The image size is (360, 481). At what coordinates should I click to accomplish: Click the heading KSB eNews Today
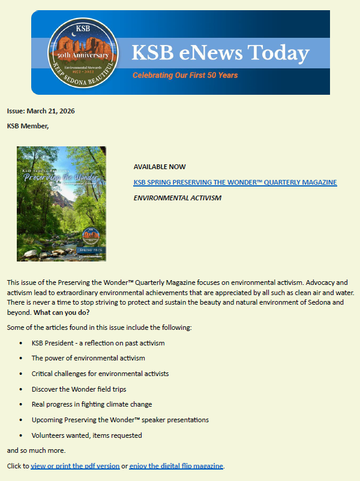click(x=220, y=53)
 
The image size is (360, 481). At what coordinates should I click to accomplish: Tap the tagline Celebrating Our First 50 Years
click(x=185, y=76)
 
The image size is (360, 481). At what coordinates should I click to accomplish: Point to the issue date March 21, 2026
click(x=41, y=111)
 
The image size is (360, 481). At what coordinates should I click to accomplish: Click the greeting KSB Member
click(x=28, y=126)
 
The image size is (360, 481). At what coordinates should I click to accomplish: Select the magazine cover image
click(x=61, y=204)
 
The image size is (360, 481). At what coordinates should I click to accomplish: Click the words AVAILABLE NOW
click(x=160, y=167)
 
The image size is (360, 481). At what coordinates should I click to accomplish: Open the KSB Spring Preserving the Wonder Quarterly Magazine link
click(x=235, y=182)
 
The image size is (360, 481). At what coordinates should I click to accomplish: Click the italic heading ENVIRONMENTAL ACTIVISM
click(x=177, y=198)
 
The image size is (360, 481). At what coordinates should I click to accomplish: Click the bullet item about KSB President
click(x=98, y=343)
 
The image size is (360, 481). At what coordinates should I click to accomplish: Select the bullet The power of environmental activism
click(x=88, y=358)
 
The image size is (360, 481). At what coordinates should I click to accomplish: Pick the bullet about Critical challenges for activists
click(x=100, y=374)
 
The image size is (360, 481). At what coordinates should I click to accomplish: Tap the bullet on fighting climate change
click(x=92, y=404)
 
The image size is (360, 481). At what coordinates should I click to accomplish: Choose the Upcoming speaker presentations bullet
click(x=120, y=420)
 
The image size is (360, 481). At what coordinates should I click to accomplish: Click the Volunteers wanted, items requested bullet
click(x=87, y=435)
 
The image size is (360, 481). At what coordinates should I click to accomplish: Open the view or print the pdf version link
click(x=74, y=466)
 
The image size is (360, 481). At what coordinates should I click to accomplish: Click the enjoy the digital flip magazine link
click(x=176, y=466)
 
